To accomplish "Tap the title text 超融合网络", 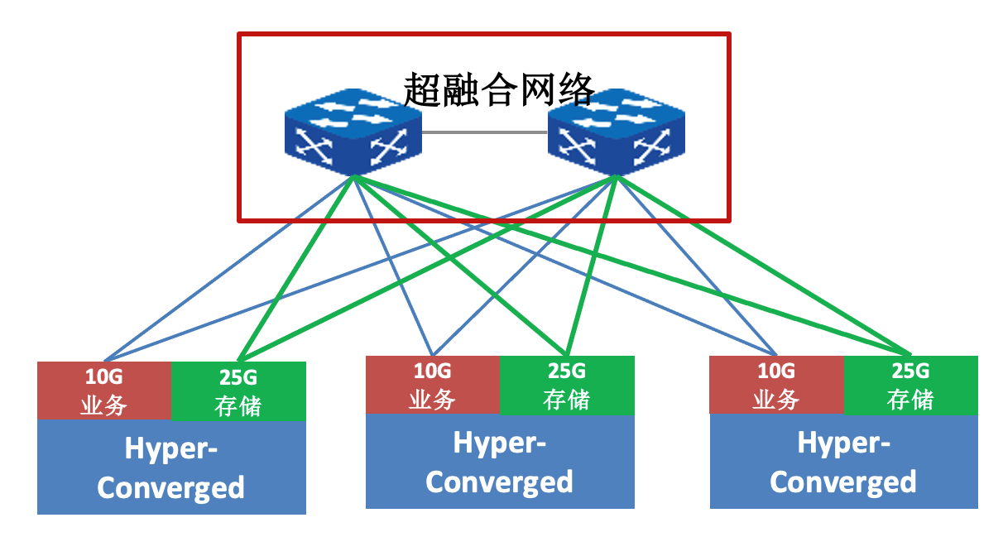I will coord(499,89).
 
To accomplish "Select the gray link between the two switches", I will coord(484,132).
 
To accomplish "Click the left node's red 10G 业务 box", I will coord(104,391).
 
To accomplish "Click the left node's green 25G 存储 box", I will coord(238,391).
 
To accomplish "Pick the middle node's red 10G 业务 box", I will coord(433,385).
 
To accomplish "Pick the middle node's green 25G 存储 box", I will coord(567,385).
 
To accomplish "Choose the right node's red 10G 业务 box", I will coord(776,385).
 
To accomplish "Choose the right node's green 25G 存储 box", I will coord(910,385).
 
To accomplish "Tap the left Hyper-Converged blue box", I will coord(171,467).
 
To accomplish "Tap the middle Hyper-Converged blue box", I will coord(500,462).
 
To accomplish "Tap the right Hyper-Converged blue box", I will coord(843,462).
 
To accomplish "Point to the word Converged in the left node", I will coord(171,487).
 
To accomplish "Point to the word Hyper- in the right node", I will coord(843,443).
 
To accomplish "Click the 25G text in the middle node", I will coord(567,371).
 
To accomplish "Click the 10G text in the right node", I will coord(776,371).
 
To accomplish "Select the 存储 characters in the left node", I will coord(238,405).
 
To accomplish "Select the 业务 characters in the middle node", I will coord(433,400).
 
